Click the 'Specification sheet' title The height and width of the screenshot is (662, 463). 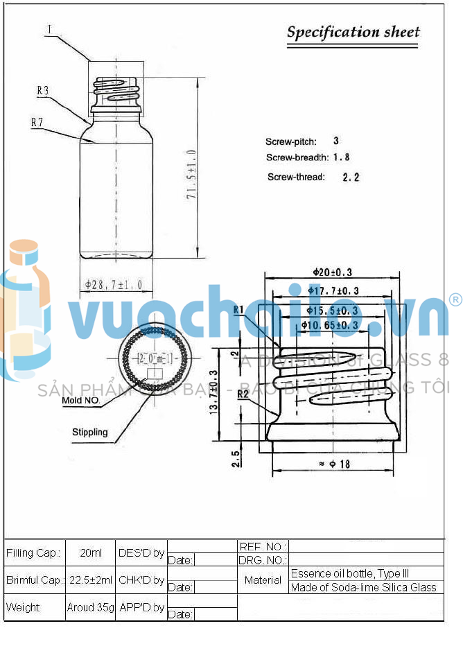353,32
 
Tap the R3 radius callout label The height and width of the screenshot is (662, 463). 42,90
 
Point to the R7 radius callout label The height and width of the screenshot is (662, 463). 37,122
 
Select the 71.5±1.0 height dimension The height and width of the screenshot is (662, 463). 191,175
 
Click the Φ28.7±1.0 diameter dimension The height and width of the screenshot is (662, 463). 114,284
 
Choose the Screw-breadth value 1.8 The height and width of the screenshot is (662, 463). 341,157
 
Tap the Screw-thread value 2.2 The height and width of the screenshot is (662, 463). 351,177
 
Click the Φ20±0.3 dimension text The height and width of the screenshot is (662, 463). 333,272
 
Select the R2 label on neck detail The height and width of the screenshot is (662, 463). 243,394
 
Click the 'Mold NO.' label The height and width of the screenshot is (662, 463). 81,401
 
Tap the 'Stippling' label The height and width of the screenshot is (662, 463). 90,432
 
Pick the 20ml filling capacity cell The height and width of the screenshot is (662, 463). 91,553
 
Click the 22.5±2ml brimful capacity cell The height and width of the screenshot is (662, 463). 91,580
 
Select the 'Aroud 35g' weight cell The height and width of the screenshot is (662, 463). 91,607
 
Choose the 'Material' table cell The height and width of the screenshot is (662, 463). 263,580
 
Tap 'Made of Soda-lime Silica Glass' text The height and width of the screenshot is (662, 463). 364,587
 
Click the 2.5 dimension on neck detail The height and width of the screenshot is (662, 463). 237,458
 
